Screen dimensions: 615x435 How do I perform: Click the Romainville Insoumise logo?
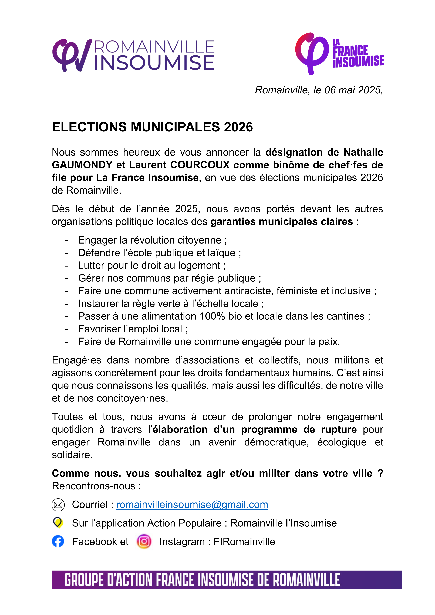(133, 55)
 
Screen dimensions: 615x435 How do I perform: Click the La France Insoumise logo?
(339, 54)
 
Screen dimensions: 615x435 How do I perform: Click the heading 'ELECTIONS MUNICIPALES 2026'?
(152, 127)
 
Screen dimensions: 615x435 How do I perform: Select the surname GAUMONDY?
(82, 165)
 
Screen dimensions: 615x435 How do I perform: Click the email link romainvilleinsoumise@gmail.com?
(192, 505)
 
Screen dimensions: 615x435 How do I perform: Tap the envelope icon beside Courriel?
(58, 505)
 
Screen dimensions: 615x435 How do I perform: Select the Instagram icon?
(144, 541)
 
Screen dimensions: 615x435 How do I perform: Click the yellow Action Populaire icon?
(58, 523)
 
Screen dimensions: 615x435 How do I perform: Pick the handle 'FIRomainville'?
(244, 542)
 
